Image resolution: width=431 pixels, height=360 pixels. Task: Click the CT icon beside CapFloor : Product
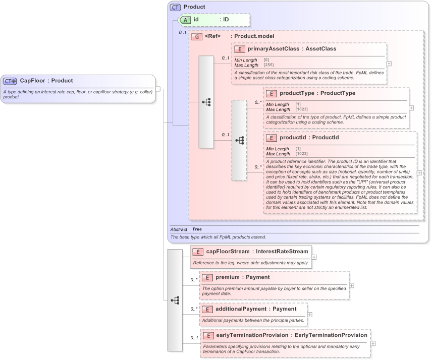(x=10, y=81)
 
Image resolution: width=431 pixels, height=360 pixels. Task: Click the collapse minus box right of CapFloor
(x=158, y=89)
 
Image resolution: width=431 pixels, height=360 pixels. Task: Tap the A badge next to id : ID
(x=186, y=20)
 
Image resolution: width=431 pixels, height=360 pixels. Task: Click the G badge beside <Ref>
(x=197, y=36)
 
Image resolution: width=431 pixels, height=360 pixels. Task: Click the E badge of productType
(x=272, y=93)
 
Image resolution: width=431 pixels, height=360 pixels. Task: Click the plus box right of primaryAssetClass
(x=389, y=64)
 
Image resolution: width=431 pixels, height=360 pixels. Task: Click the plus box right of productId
(x=419, y=172)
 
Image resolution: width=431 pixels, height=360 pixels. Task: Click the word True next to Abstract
(x=197, y=229)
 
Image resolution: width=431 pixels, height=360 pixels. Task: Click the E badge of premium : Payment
(x=207, y=277)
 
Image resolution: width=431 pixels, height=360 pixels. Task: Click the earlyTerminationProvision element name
(x=252, y=335)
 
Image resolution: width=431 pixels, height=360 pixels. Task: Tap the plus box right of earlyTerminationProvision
(x=373, y=343)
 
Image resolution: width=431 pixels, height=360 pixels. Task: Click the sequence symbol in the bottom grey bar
(x=175, y=300)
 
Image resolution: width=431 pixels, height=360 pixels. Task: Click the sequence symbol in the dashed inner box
(x=239, y=140)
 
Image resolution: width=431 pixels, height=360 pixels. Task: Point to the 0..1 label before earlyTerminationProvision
(x=194, y=338)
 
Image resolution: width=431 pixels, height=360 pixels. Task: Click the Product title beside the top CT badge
(x=194, y=7)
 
